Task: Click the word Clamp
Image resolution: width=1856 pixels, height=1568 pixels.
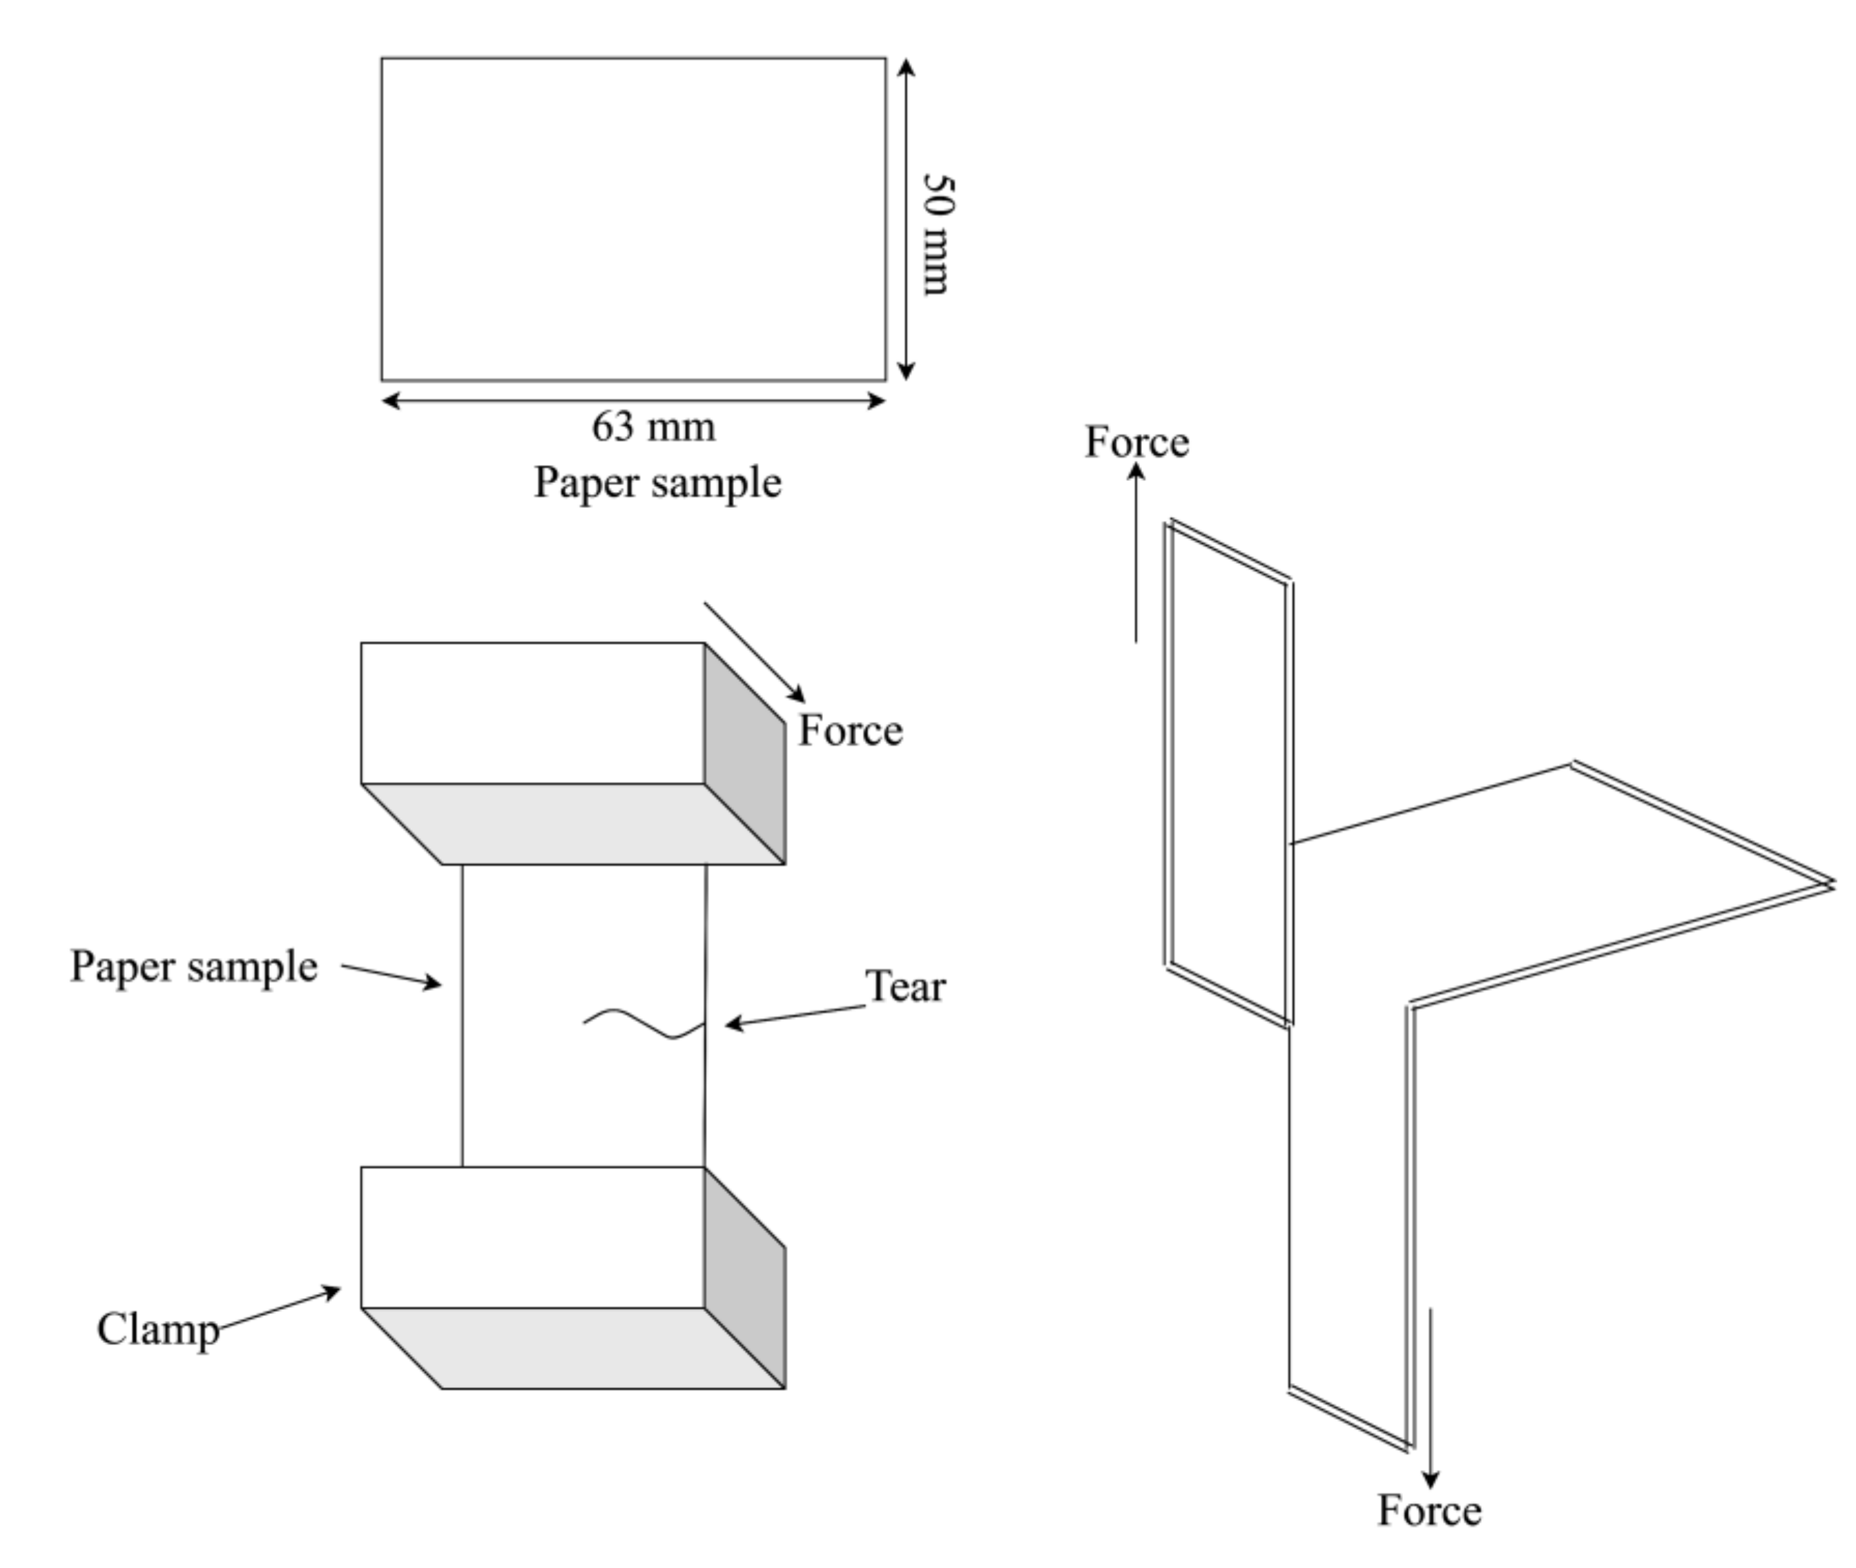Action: click(x=157, y=1330)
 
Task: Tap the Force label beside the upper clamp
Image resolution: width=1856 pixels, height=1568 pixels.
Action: click(x=850, y=731)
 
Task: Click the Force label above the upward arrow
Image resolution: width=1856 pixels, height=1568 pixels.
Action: click(x=1136, y=442)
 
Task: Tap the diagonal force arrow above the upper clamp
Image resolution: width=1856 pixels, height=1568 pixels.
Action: click(x=754, y=651)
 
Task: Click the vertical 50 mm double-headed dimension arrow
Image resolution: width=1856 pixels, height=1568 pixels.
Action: click(x=905, y=219)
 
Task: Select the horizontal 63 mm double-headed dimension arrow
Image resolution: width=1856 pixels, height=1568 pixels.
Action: click(x=633, y=401)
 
